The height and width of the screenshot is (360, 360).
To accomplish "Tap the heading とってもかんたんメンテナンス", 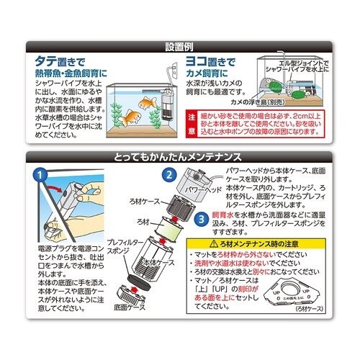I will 180,156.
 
